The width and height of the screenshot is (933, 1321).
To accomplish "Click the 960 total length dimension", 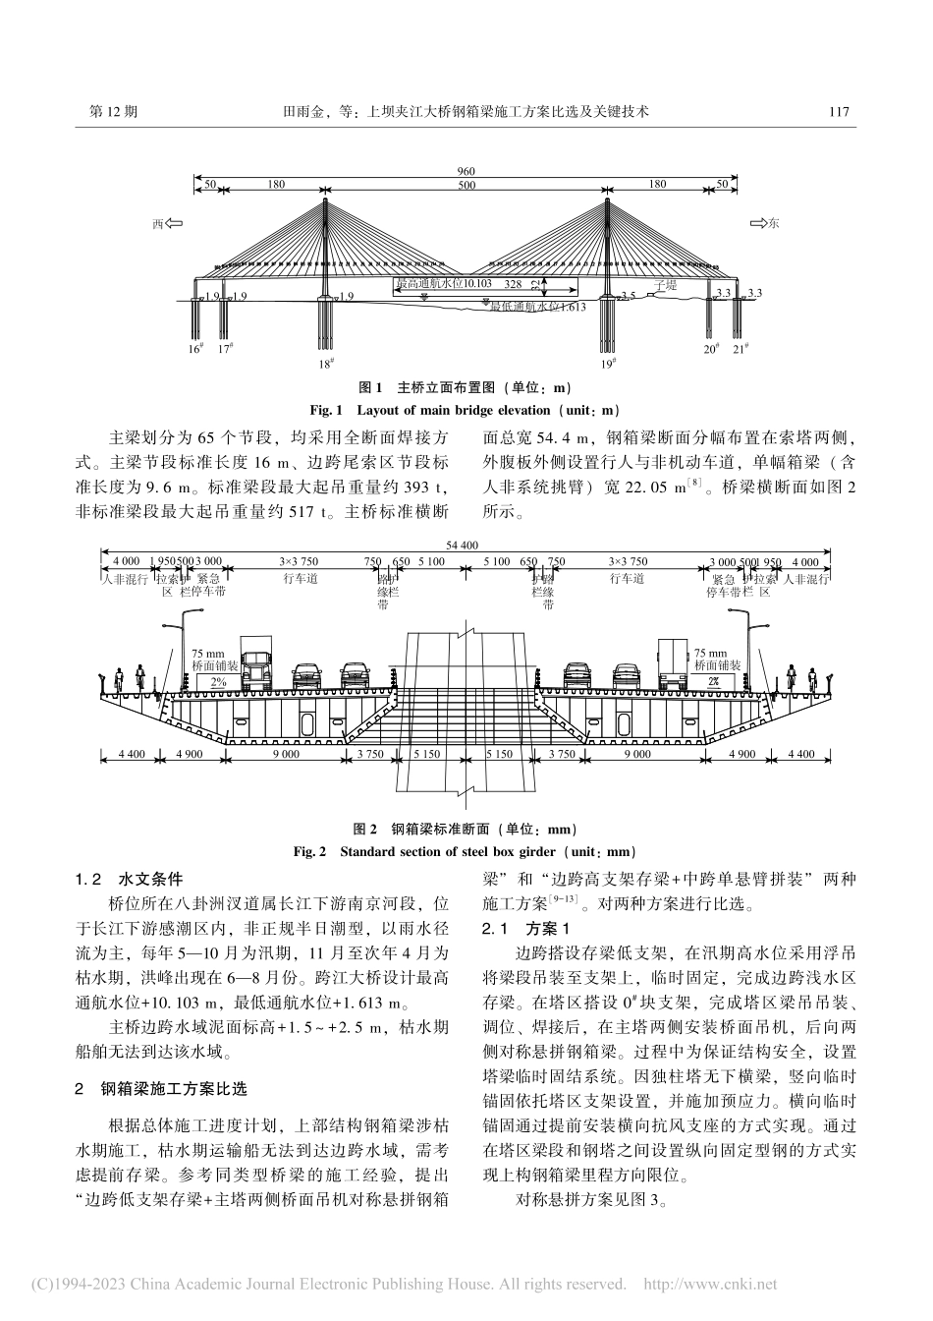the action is [x=466, y=173].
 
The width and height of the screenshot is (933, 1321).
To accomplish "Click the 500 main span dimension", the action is [x=466, y=185].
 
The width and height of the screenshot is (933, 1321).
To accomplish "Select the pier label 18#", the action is [x=326, y=363].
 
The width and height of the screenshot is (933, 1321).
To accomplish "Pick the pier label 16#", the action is [x=196, y=348].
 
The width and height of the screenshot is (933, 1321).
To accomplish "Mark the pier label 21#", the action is [x=741, y=348].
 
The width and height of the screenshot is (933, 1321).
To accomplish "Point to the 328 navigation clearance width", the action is [x=513, y=283].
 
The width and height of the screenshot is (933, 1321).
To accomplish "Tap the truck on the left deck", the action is [x=257, y=669].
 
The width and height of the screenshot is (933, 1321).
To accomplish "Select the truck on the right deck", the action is [x=674, y=664].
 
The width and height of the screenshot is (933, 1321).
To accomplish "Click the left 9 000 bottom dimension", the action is [x=286, y=754].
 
